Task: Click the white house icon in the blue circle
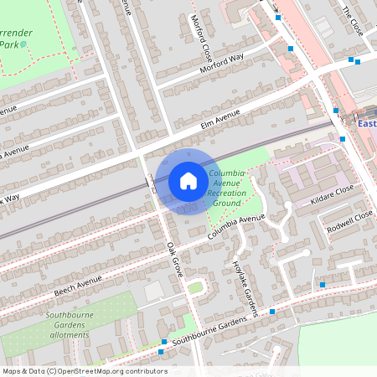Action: click(188, 180)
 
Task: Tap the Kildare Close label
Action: click(333, 194)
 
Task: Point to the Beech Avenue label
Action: click(77, 283)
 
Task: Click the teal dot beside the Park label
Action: click(23, 44)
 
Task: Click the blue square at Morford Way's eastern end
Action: click(291, 49)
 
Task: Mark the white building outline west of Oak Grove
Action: click(153, 291)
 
